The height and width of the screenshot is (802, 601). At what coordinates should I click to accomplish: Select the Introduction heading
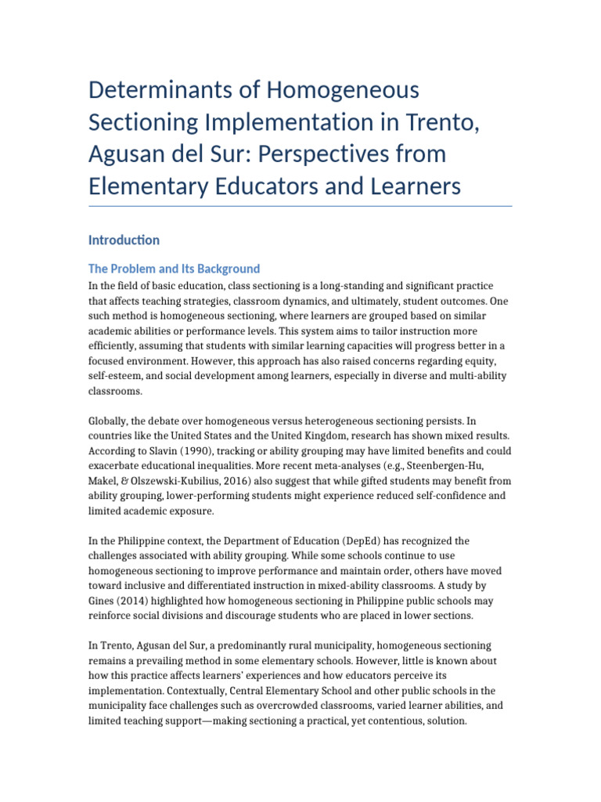click(x=124, y=240)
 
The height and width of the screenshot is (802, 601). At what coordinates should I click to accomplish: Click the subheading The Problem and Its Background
click(x=174, y=269)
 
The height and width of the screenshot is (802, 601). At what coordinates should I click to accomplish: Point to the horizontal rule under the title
click(x=300, y=207)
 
